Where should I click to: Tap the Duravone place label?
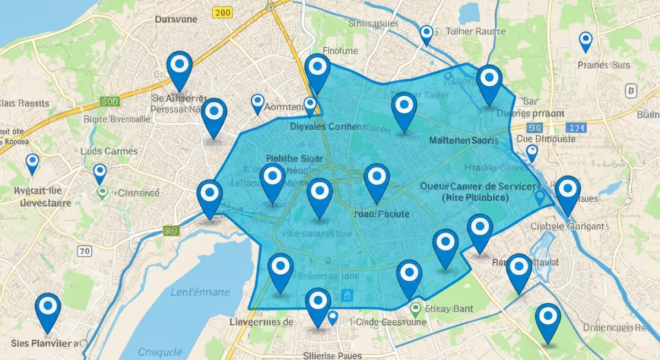(x=176, y=19)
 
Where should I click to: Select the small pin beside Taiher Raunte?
(x=426, y=34)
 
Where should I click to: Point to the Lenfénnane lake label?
(x=201, y=292)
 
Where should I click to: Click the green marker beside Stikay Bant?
(x=416, y=309)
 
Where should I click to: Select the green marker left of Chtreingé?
(x=102, y=192)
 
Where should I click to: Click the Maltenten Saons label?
(x=464, y=141)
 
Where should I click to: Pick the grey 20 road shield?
(x=84, y=251)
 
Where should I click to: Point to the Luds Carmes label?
(x=109, y=151)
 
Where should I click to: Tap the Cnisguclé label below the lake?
(x=159, y=352)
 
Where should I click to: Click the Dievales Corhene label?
(x=327, y=126)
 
